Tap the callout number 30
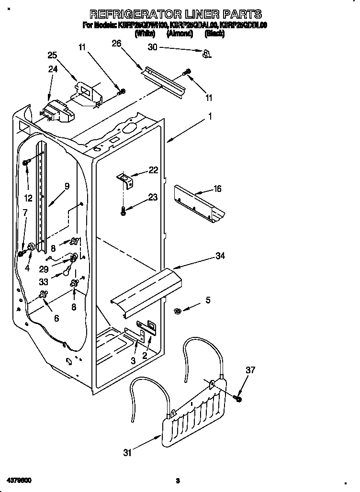pyautogui.click(x=153, y=47)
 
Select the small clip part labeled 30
pyautogui.click(x=206, y=53)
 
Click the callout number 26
pyautogui.click(x=116, y=44)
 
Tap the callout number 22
pyautogui.click(x=153, y=170)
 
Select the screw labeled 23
pyautogui.click(x=124, y=211)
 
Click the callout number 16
pyautogui.click(x=217, y=189)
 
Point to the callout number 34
pyautogui.click(x=220, y=256)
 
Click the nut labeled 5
pyautogui.click(x=177, y=312)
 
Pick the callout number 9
pyautogui.click(x=67, y=186)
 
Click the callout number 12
pyautogui.click(x=28, y=198)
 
